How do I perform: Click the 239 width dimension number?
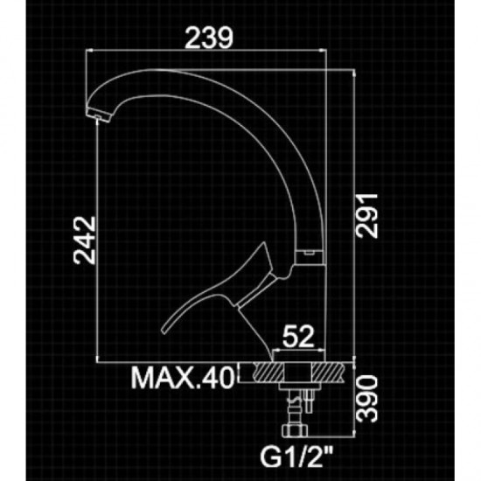coord(209,38)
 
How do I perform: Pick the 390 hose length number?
coord(369,399)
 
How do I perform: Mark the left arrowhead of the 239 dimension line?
coord(92,53)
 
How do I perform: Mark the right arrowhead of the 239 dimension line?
coord(324,53)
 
